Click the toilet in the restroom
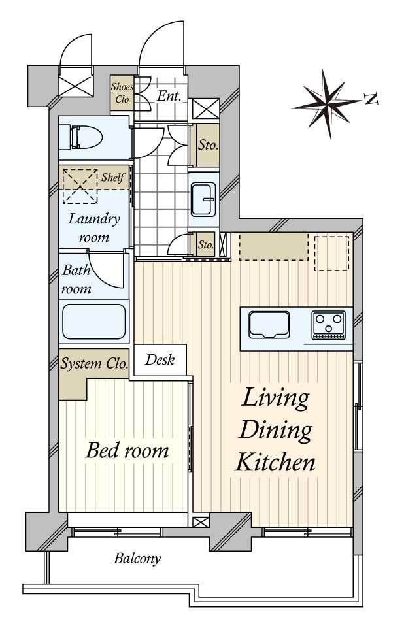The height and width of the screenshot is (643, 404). click(x=80, y=137)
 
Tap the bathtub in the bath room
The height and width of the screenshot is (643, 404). click(x=94, y=321)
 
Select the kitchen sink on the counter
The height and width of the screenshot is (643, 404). click(x=269, y=324)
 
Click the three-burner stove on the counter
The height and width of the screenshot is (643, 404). click(x=328, y=325)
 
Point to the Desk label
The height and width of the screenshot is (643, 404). click(x=160, y=359)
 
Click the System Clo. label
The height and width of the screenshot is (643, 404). click(x=94, y=363)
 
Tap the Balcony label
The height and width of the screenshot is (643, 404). click(x=137, y=558)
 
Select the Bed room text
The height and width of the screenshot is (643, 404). click(x=127, y=450)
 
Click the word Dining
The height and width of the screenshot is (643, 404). click(x=275, y=431)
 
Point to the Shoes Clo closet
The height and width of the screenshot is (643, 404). click(x=122, y=93)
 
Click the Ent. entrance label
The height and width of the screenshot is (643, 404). click(x=169, y=96)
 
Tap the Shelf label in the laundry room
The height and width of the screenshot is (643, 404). click(x=113, y=177)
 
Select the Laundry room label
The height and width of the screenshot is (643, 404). click(x=94, y=227)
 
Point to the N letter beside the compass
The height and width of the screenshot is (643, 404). click(x=371, y=99)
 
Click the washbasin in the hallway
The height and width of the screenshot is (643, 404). click(x=203, y=199)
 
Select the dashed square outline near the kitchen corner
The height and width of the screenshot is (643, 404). click(x=332, y=253)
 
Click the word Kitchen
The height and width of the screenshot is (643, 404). click(x=275, y=462)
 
